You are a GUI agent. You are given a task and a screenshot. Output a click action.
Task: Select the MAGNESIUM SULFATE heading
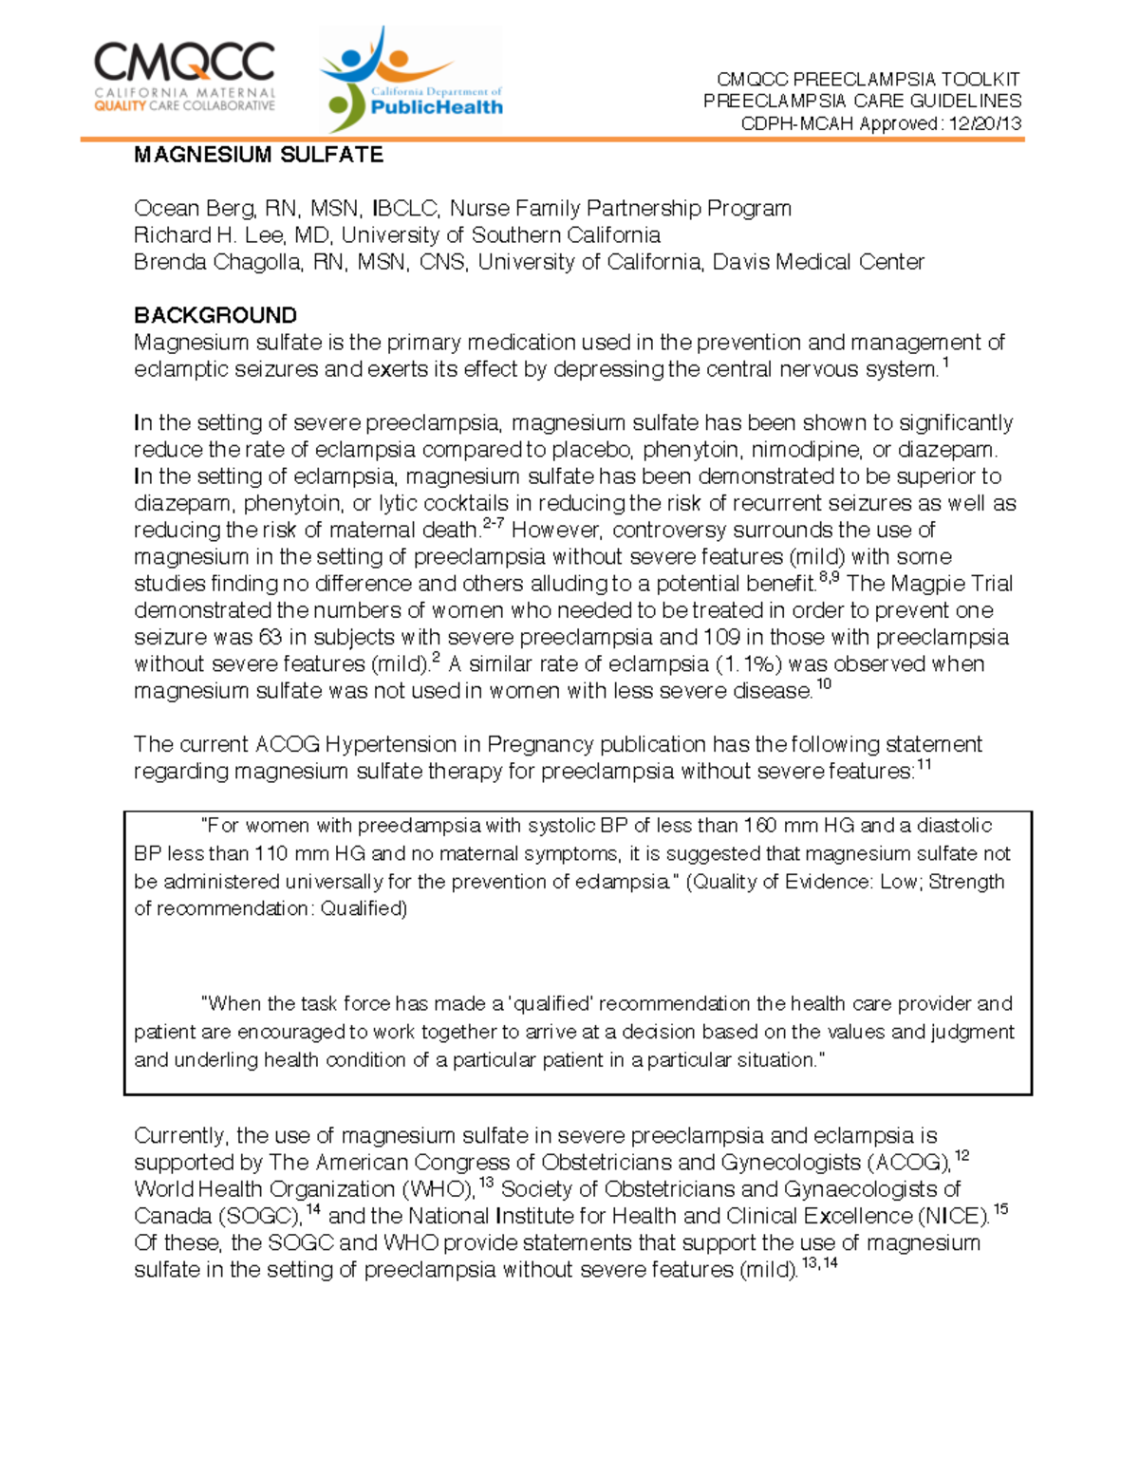258,155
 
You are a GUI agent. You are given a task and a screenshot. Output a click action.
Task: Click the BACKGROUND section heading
215,315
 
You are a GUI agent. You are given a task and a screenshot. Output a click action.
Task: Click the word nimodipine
817,450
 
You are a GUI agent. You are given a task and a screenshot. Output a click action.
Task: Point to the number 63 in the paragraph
271,637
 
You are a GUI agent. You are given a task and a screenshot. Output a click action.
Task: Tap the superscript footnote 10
824,684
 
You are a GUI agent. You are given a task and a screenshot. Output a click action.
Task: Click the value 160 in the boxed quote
759,826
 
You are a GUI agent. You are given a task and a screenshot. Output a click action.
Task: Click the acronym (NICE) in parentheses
953,1217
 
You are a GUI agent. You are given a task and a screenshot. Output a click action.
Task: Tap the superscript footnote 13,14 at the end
819,1263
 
